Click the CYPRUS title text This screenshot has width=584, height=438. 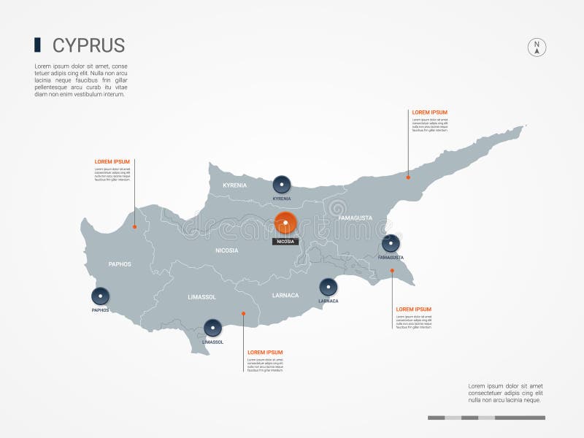(88, 45)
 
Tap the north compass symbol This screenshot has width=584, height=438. (537, 47)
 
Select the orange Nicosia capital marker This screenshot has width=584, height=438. (285, 223)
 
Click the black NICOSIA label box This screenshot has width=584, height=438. (285, 241)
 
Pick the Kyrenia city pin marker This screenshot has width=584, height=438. (282, 185)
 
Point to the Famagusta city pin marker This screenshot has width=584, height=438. (391, 243)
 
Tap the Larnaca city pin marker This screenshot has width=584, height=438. (328, 287)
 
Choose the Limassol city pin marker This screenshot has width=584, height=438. (212, 328)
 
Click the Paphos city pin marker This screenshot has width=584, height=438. (100, 296)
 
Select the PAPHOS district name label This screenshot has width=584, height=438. (120, 264)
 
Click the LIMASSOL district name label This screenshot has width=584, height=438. (202, 297)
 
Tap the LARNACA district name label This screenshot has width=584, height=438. (285, 295)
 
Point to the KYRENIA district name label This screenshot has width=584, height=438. (235, 185)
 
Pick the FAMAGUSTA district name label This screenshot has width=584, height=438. (356, 218)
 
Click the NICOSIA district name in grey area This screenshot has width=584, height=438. (227, 250)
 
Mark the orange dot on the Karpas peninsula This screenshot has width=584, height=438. (409, 177)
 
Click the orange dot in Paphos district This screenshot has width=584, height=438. (134, 226)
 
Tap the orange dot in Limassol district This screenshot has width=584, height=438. (244, 313)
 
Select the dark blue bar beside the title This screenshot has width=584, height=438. (37, 45)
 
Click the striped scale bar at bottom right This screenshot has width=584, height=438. (486, 418)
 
